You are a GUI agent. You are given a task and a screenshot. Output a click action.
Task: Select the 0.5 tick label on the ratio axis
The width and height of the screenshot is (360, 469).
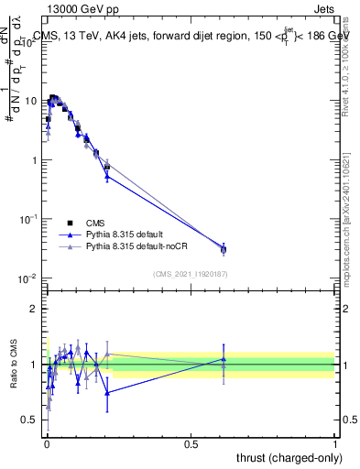tap(32, 420)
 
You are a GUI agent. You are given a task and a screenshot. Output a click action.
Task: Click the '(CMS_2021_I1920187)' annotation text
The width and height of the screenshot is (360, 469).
tap(191, 273)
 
